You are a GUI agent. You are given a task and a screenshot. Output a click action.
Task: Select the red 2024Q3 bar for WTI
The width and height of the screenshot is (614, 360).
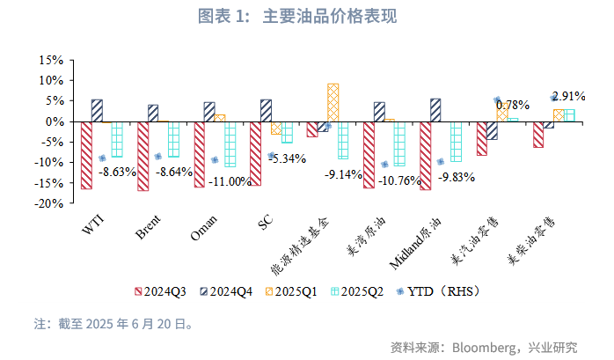click(x=86, y=155)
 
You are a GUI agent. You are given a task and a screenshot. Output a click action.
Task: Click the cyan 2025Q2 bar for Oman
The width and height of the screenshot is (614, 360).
click(x=230, y=143)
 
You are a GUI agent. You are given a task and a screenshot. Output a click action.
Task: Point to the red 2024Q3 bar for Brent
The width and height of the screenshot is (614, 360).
click(x=143, y=156)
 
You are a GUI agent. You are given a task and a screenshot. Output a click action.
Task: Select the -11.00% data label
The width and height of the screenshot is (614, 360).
click(x=229, y=181)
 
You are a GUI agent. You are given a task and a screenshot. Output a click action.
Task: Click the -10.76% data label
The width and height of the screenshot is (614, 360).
click(x=400, y=181)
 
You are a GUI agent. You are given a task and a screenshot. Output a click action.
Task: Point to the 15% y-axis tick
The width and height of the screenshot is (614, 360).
click(x=50, y=61)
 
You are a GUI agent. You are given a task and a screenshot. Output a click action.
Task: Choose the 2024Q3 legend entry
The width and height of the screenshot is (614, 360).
click(x=163, y=290)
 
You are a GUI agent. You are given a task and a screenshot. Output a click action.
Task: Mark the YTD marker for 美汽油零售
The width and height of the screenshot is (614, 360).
click(x=497, y=101)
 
